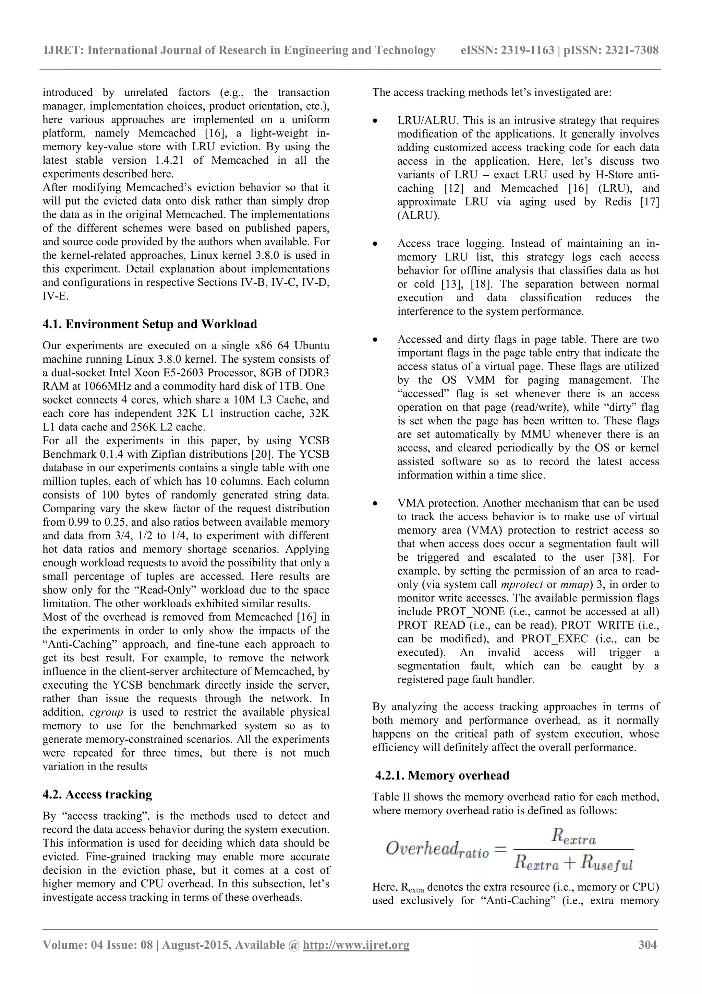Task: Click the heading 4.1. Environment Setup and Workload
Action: [x=150, y=324]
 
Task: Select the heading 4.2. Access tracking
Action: [x=97, y=794]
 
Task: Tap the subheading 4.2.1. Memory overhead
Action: [x=442, y=775]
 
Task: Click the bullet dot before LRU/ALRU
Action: [x=375, y=121]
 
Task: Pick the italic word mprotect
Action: [x=522, y=584]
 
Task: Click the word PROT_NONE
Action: [x=471, y=612]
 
